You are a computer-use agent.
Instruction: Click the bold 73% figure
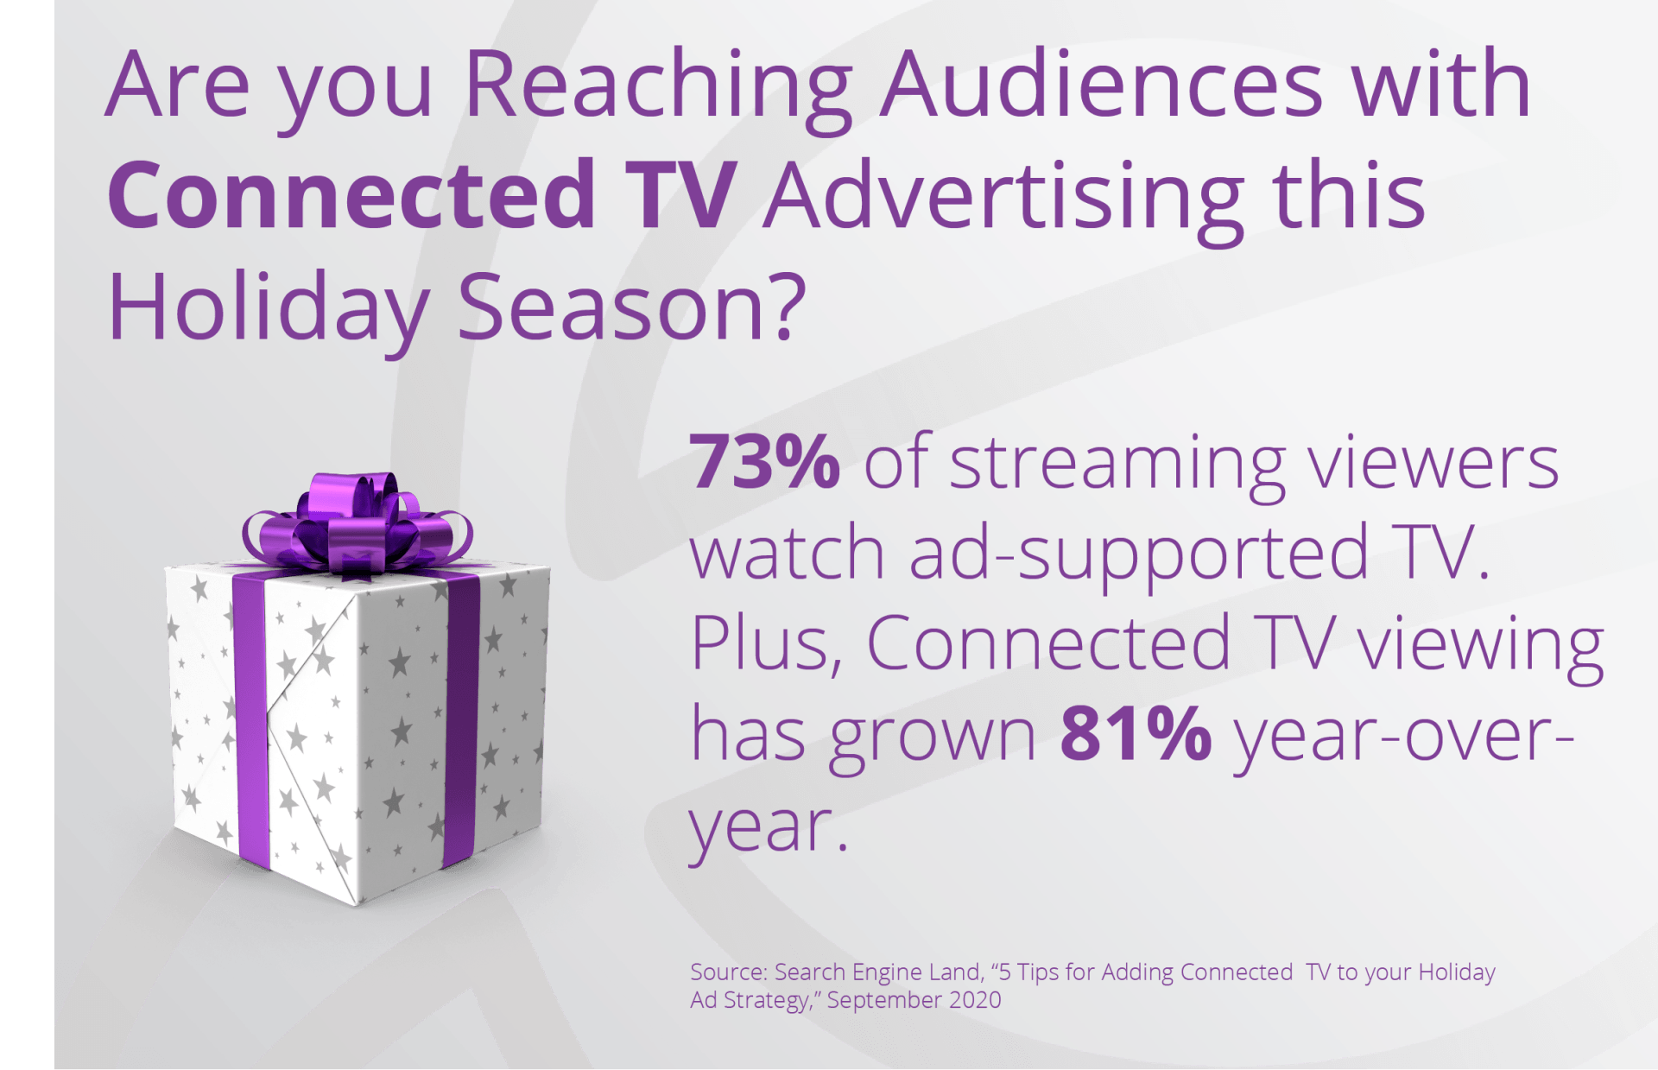tap(764, 461)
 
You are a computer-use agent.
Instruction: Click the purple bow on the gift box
tap(358, 523)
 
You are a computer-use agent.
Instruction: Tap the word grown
tap(933, 739)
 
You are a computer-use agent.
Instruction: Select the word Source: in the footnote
tap(729, 972)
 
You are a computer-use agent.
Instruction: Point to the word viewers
tap(1433, 463)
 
